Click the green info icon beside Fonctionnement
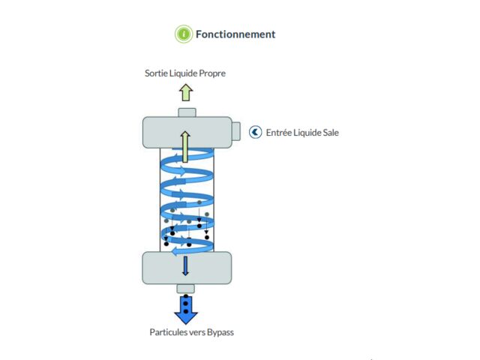[x=184, y=34]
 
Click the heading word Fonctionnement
[x=235, y=34]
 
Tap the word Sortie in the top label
[x=157, y=73]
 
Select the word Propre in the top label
[x=210, y=73]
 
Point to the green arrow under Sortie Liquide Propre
[x=185, y=92]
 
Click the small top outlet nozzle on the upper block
[x=187, y=112]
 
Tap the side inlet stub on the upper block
[x=235, y=131]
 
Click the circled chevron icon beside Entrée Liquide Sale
[x=255, y=132]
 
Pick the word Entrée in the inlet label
[x=280, y=133]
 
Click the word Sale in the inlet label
[x=330, y=133]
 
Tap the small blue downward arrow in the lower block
[x=185, y=266]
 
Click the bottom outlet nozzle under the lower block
[x=185, y=288]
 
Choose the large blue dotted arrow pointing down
[x=185, y=307]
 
